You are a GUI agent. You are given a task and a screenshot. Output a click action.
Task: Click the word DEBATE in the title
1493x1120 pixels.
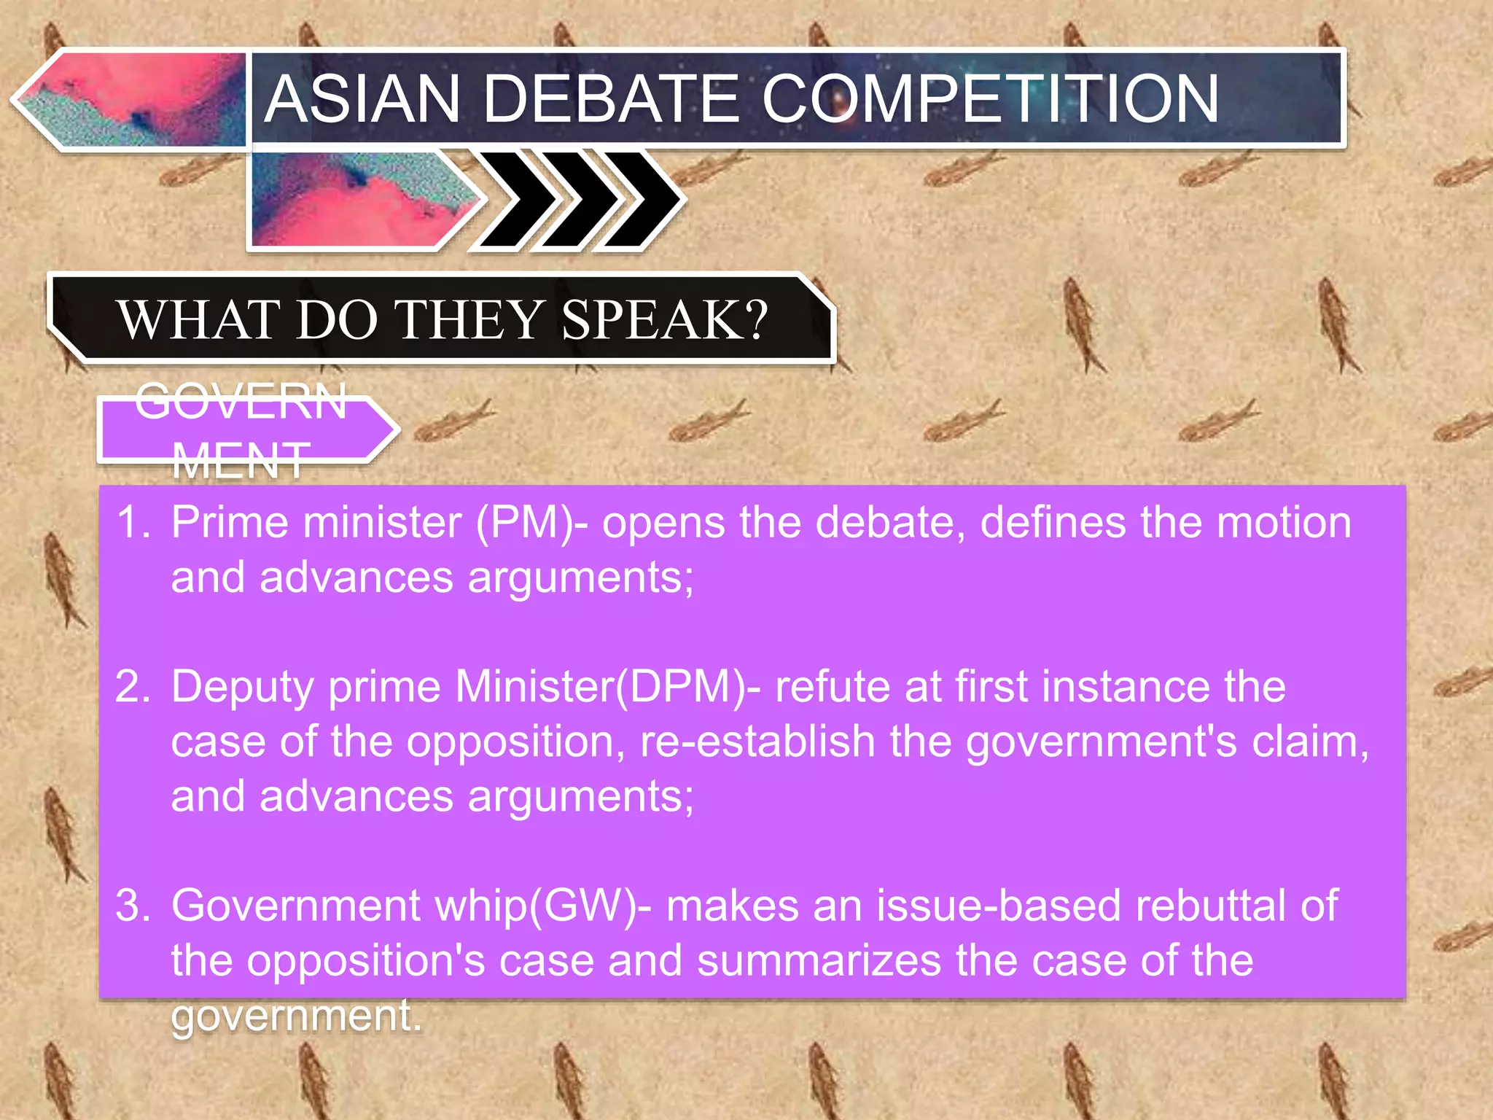(x=611, y=99)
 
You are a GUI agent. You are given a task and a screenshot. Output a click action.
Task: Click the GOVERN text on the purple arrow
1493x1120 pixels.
(x=241, y=402)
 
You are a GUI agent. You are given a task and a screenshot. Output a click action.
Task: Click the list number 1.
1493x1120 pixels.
(x=133, y=523)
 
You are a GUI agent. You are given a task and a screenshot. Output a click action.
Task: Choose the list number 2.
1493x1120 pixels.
(x=133, y=687)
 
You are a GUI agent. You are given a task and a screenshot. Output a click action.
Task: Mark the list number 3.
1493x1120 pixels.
(x=133, y=906)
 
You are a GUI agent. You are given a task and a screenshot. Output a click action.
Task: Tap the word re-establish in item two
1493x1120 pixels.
(x=757, y=742)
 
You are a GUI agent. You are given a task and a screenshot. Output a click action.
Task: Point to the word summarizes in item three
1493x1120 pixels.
(x=819, y=961)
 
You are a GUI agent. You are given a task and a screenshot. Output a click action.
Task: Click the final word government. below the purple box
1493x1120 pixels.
(x=296, y=1016)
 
